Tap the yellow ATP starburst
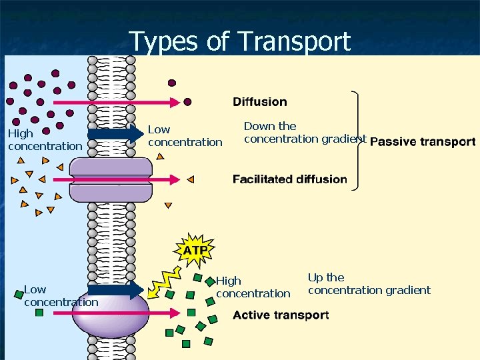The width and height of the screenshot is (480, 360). pos(195,251)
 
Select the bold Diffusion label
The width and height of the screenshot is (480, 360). pos(260,102)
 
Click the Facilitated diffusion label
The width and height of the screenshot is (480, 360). pos(289,179)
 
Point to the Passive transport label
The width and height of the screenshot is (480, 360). pos(423,141)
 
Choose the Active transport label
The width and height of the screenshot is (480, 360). pos(281,315)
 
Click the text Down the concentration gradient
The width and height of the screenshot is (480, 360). pos(305,133)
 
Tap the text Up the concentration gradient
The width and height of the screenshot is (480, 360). pos(369,284)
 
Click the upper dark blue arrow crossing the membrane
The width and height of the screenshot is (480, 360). pos(115,134)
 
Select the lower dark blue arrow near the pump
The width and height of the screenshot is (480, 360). pos(115,290)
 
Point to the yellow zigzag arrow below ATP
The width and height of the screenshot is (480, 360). pos(163,280)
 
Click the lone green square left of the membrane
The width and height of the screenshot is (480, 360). pos(39,312)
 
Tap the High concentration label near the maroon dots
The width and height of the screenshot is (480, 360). pos(44,140)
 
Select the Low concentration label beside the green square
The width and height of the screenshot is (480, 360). pos(60,296)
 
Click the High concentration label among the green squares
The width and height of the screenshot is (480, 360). pos(253,287)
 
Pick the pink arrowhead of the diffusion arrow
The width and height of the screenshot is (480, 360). pos(175,102)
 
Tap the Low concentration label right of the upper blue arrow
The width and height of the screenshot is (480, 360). pos(185,136)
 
